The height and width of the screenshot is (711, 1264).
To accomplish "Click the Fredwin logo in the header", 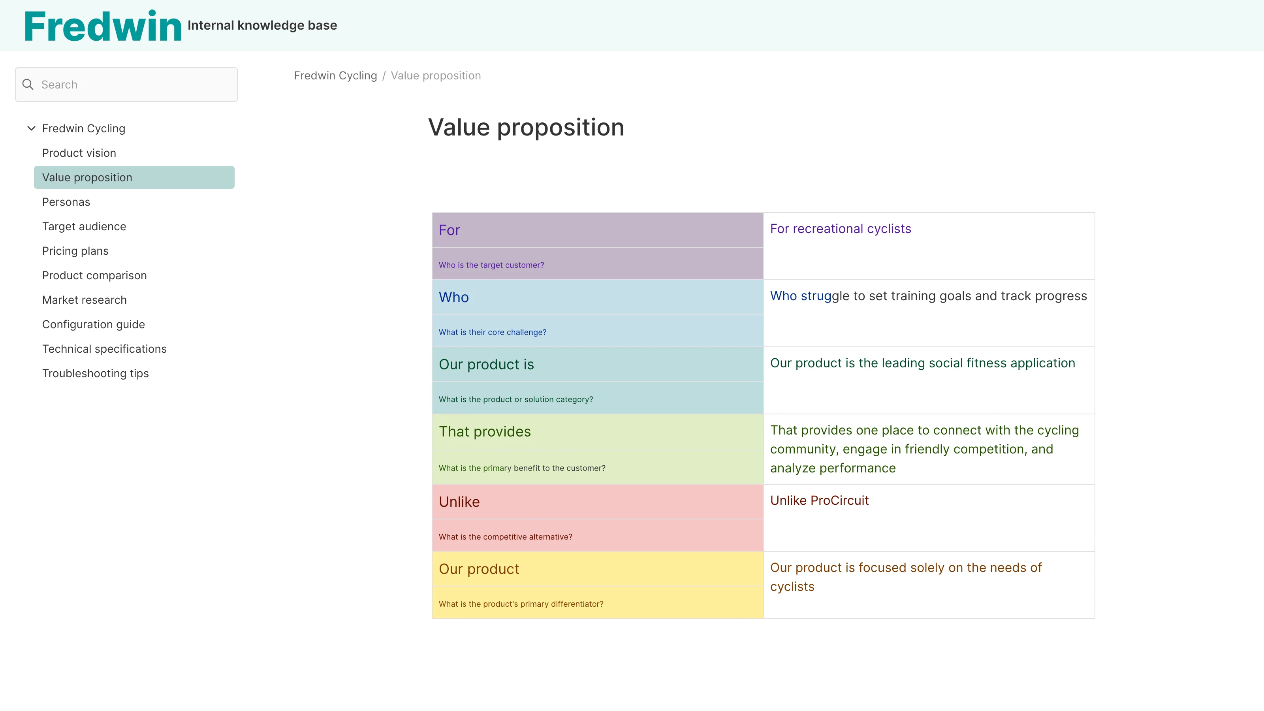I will [x=103, y=26].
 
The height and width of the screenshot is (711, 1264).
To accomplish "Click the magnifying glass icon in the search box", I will [x=28, y=85].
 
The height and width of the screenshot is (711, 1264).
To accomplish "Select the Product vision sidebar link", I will [x=79, y=153].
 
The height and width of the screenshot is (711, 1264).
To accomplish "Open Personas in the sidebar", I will [x=66, y=202].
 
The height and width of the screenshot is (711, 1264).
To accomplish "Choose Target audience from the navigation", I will [x=84, y=227].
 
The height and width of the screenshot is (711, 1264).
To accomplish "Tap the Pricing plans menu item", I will [x=75, y=251].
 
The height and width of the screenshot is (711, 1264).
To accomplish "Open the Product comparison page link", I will [x=94, y=276].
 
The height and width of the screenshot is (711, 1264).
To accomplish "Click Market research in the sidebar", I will [x=85, y=300].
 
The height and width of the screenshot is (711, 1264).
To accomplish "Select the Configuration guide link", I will [x=93, y=325].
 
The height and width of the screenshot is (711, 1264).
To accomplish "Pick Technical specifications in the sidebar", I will [x=104, y=349].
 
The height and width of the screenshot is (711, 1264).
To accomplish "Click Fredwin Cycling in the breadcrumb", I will [x=335, y=75].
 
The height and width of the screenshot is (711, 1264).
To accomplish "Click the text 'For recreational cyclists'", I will [x=840, y=229].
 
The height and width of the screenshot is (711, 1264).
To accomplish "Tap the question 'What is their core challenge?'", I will [x=492, y=332].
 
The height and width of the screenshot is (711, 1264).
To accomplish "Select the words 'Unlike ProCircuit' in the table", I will [x=819, y=500].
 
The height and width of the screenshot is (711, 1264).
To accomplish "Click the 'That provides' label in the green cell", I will [x=484, y=432].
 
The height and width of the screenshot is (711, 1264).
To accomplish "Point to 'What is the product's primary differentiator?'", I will [x=521, y=604].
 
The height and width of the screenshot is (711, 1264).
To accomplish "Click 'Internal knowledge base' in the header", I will [x=262, y=26].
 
